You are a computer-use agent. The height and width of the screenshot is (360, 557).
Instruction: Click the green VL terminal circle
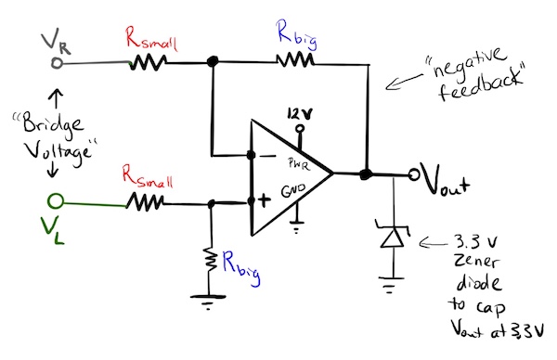(x=56, y=200)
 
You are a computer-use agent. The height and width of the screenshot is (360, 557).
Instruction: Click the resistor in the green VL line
(x=146, y=201)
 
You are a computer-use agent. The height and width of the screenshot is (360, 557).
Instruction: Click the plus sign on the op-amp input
(x=261, y=200)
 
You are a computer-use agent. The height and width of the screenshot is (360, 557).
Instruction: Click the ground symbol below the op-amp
(x=297, y=222)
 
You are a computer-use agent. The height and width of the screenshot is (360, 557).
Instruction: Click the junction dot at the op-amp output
(x=366, y=174)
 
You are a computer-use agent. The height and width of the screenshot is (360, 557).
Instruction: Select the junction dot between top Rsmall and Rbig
(x=213, y=62)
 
